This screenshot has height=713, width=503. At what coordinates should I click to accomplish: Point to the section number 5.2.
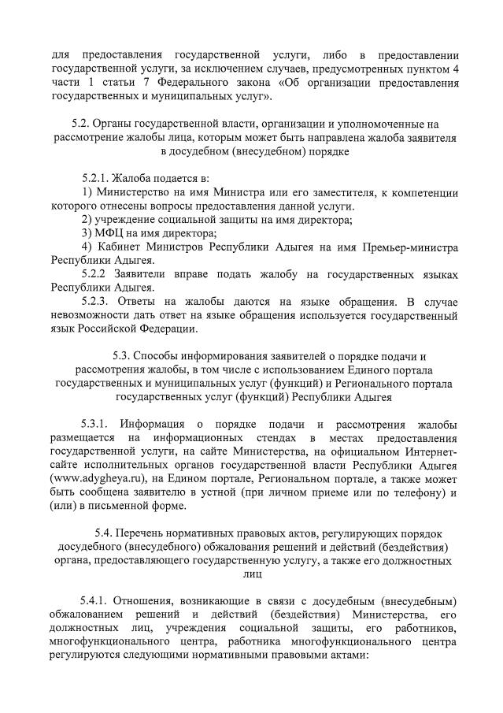click(82, 124)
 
